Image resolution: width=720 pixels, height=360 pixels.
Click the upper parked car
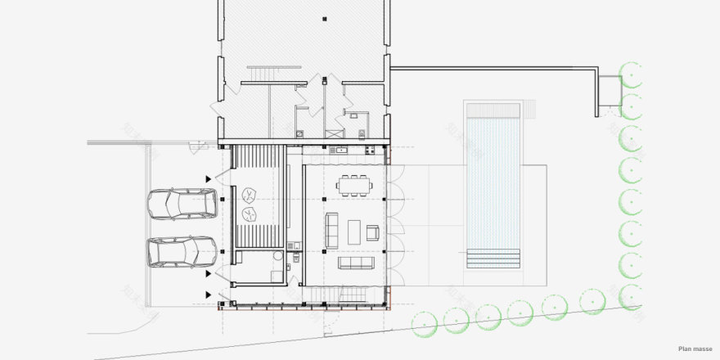[182, 204]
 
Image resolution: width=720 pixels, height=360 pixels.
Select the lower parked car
[182, 251]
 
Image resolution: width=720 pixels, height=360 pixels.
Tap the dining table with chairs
[354, 185]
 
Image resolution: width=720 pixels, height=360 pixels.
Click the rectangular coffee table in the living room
[354, 232]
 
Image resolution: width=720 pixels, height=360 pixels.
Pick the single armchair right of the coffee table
[373, 232]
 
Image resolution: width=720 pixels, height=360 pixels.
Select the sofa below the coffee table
[357, 263]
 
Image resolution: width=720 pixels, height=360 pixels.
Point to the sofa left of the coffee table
[332, 230]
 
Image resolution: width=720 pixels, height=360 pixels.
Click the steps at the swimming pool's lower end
[493, 259]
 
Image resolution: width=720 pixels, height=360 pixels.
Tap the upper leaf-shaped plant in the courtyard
[249, 195]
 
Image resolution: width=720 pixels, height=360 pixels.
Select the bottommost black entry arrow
[209, 295]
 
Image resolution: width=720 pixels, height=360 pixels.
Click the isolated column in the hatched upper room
[324, 18]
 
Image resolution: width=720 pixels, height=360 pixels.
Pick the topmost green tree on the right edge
[631, 72]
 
